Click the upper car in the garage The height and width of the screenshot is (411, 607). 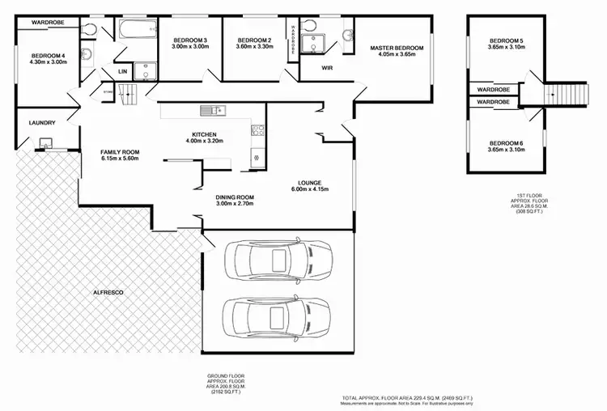point(274,260)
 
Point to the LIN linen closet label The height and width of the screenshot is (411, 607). point(123,72)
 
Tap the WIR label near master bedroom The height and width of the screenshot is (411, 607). point(329,69)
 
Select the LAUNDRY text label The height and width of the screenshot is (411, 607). point(41,123)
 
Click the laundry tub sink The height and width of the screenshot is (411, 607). point(45,146)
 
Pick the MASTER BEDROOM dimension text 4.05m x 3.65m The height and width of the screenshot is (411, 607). point(397,55)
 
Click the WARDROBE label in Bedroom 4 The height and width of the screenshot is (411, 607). point(48,23)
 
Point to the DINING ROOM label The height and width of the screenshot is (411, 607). point(235,197)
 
